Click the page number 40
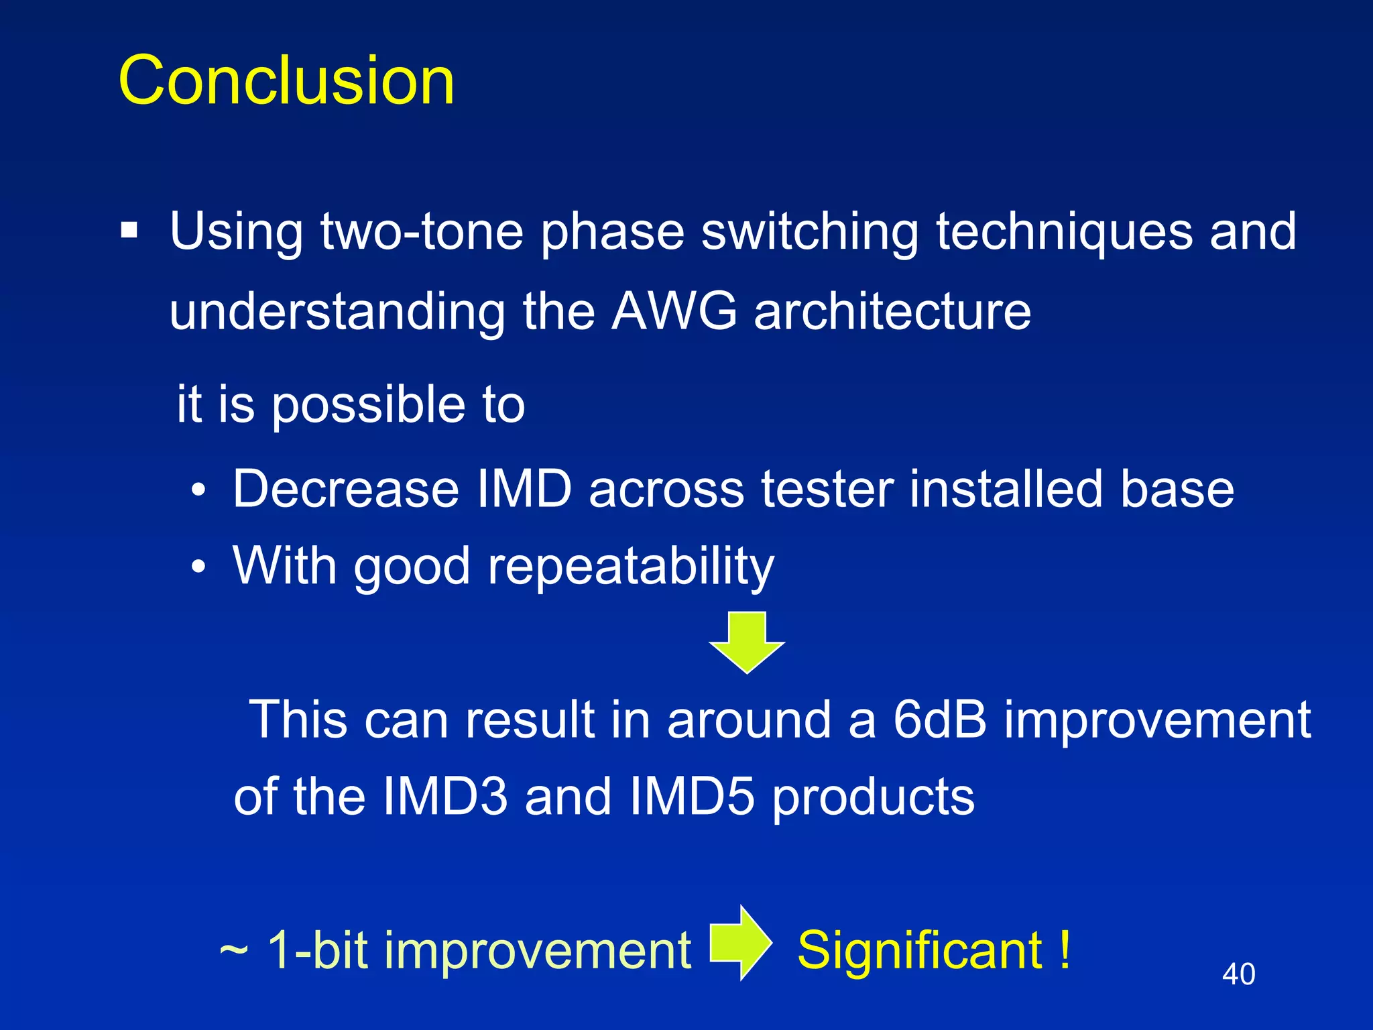click(1238, 974)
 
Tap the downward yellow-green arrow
click(747, 641)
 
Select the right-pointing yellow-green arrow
click(740, 943)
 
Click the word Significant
click(920, 950)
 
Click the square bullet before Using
click(129, 231)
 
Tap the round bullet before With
click(198, 568)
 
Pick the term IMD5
click(692, 797)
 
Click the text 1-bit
click(318, 950)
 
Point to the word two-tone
click(422, 231)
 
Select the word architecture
click(892, 311)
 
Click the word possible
click(368, 405)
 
